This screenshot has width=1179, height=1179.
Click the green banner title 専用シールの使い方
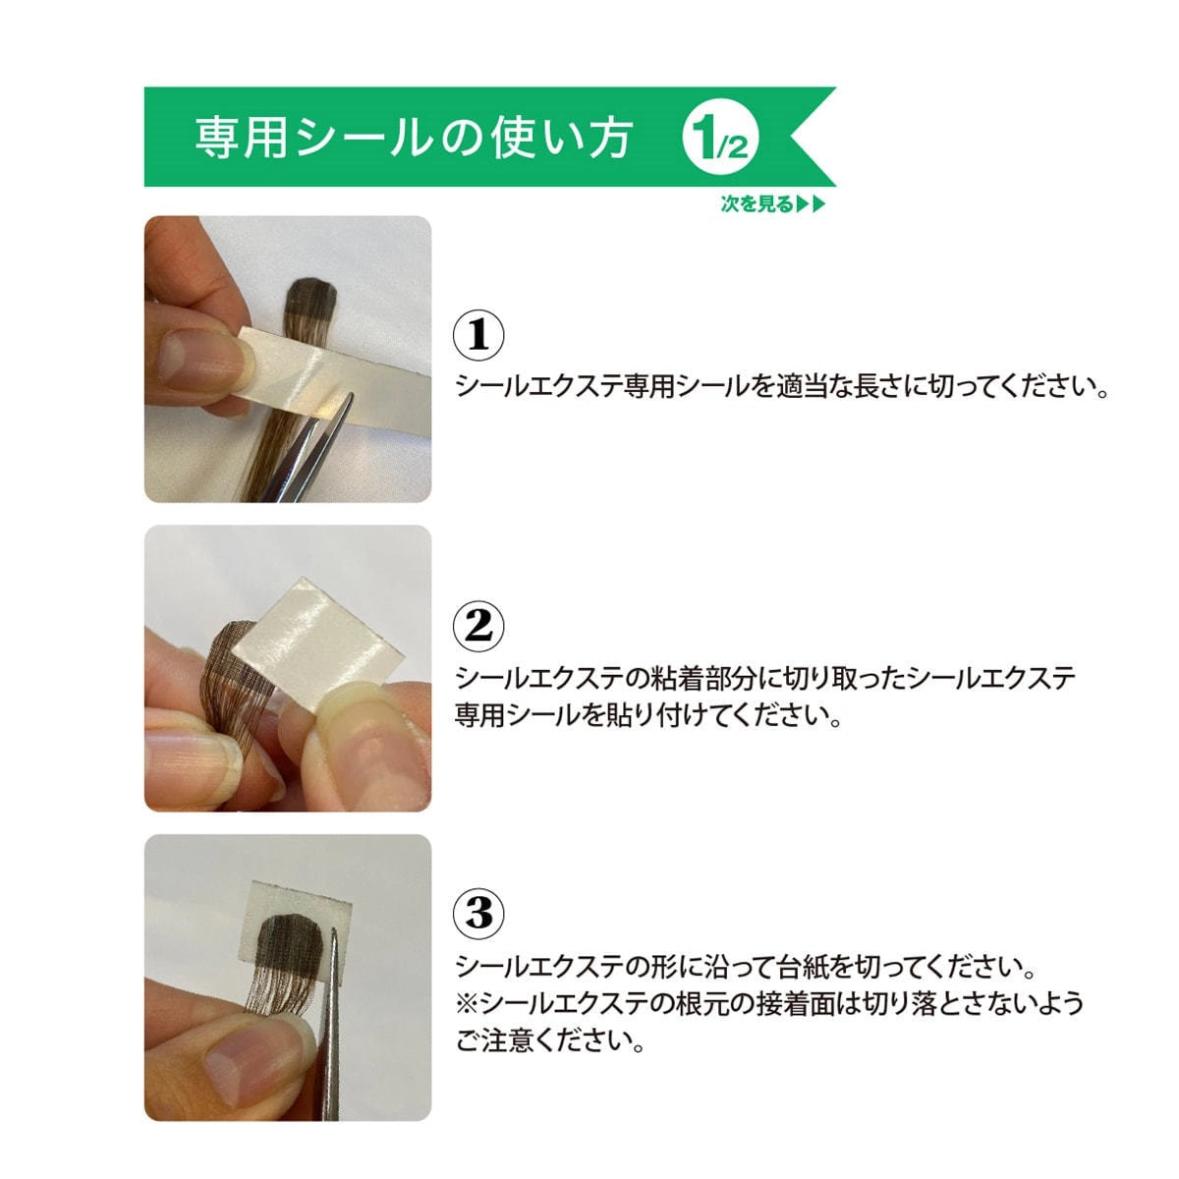tap(413, 139)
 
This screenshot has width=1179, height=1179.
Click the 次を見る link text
tap(757, 204)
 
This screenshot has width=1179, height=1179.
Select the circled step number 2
tap(478, 625)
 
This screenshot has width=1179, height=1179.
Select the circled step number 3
tap(478, 914)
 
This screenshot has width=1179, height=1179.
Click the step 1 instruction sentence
tap(782, 386)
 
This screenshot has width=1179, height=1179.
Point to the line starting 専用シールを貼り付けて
tap(648, 714)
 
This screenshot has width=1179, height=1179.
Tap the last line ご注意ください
tap(550, 1040)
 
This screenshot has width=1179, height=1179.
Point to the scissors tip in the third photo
tap(334, 943)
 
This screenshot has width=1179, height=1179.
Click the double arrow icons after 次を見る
tap(812, 204)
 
